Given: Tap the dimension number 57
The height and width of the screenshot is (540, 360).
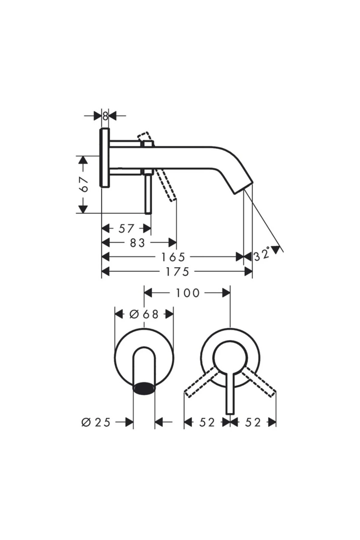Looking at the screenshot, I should [126, 229].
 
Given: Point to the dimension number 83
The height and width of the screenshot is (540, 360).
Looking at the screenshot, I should [137, 243].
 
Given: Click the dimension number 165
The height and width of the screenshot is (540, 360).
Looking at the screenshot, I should [173, 257].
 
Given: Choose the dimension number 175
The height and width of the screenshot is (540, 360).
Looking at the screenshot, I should [177, 272].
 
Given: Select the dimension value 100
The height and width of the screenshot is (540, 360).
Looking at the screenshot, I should [187, 293].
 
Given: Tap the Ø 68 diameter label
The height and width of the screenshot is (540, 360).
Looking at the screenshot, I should [144, 314].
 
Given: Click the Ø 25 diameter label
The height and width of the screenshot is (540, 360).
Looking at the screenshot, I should [96, 422].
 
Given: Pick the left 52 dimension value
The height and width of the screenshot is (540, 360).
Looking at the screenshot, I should [207, 422].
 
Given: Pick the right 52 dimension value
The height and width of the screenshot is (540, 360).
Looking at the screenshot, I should [253, 422].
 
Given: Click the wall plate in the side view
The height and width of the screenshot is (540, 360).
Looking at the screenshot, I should [104, 157].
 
